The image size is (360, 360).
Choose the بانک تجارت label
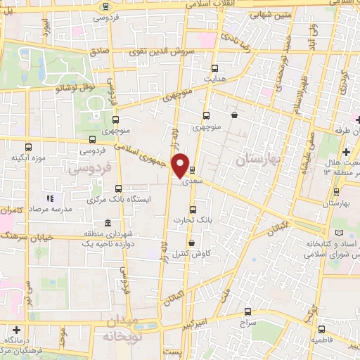[215, 219]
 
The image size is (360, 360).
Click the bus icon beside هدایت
[215, 69]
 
